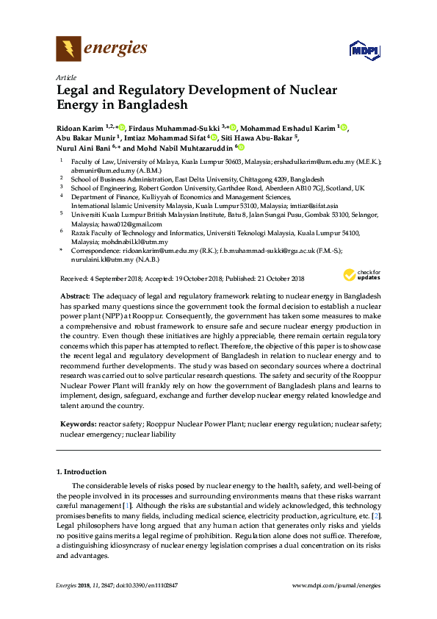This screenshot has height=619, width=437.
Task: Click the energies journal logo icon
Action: tap(68, 49)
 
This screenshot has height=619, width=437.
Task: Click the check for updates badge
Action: tap(359, 276)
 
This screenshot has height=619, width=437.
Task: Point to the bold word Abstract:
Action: tap(76, 294)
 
